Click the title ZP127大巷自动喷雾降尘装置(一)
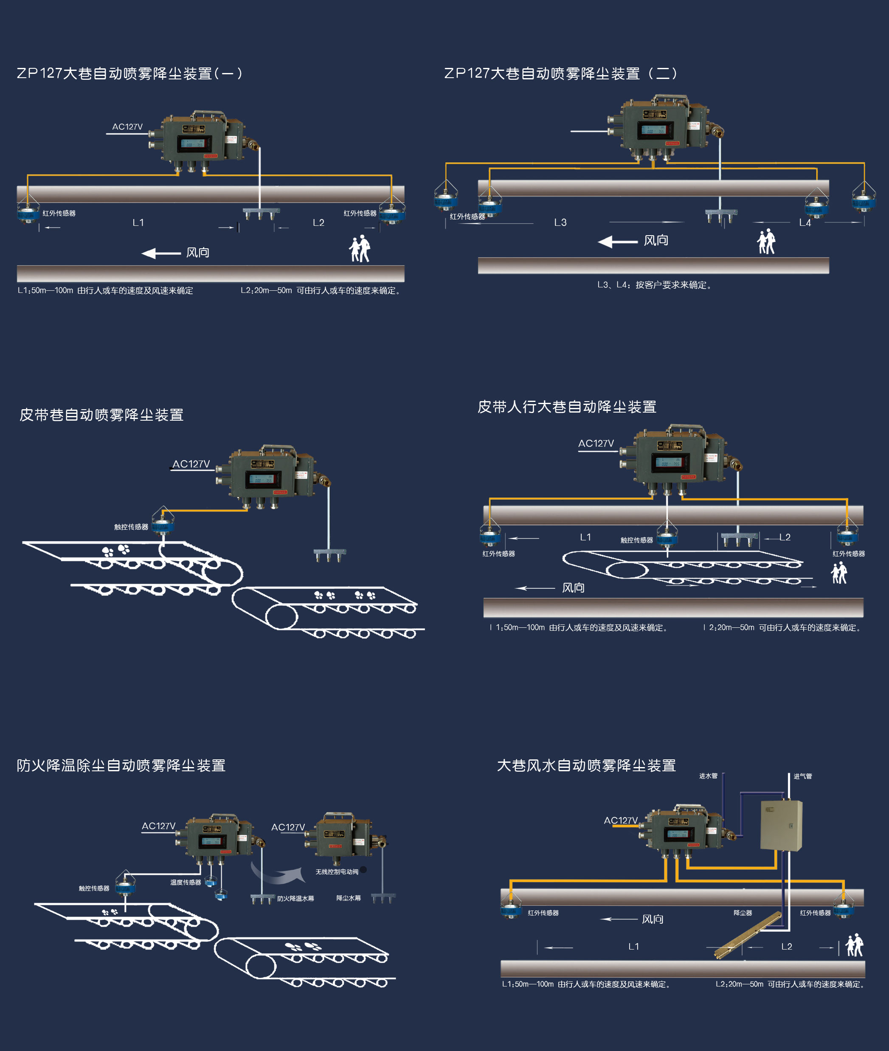pos(129,73)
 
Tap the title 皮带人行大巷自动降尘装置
pos(566,407)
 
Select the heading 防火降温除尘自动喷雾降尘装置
pos(121,765)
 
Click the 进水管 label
pos(708,776)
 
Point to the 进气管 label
pos(803,776)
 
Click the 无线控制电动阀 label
pos(337,871)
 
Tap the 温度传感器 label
pos(186,882)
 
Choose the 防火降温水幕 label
pos(295,898)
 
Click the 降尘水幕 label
pos(348,898)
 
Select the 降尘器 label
pos(743,913)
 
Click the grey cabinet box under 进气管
pos(781,825)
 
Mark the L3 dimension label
pos(560,222)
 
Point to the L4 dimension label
pos(805,223)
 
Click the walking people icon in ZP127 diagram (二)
pos(766,242)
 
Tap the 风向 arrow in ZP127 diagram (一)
pos(161,253)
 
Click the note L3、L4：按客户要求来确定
pos(655,285)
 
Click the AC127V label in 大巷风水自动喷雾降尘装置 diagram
pos(620,820)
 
